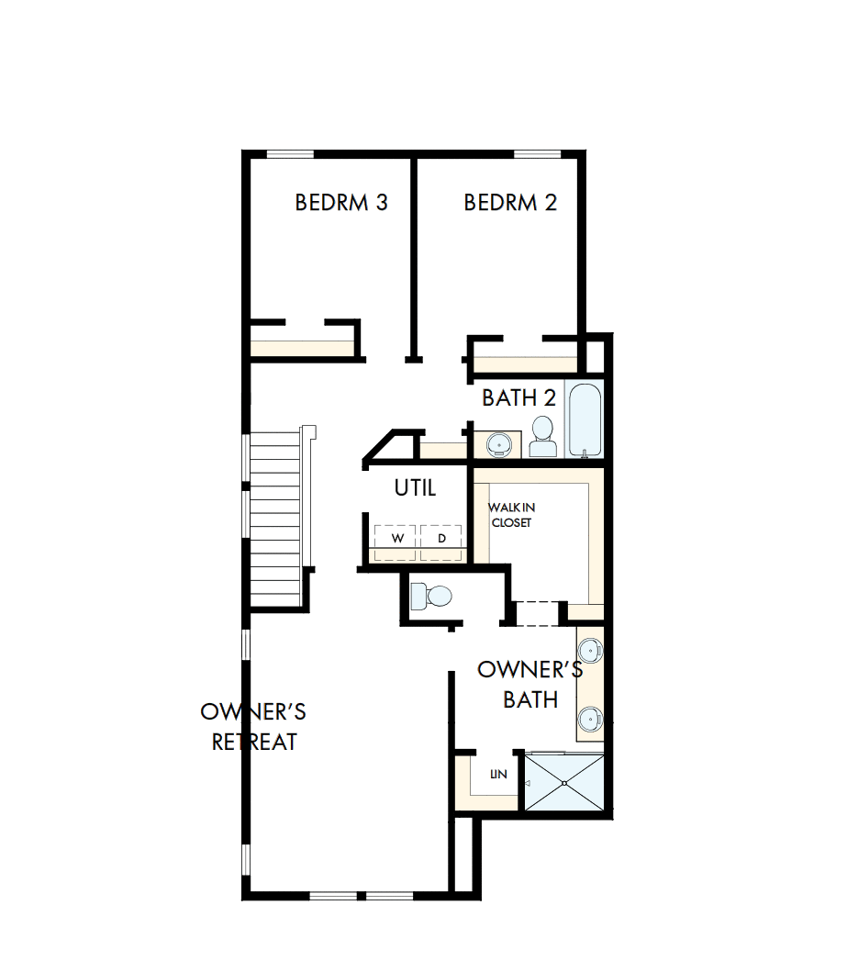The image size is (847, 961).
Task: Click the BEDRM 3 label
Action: coord(340,202)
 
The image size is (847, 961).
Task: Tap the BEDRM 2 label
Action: coord(510,202)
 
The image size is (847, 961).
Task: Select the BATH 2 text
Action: coord(518,398)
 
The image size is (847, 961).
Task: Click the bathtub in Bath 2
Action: coord(585,419)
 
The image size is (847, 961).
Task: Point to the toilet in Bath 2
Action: coord(543,437)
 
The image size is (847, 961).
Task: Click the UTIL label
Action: coord(415,488)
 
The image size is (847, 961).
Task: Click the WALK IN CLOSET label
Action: coord(511,515)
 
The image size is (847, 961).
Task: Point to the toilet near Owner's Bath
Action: coord(430,597)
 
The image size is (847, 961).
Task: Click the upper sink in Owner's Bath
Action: coord(591,651)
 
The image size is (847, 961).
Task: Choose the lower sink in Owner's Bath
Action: coord(591,717)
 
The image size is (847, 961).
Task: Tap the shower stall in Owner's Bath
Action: coord(563,781)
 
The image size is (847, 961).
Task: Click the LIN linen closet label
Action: coord(497,775)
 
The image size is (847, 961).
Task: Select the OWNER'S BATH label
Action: coord(529,684)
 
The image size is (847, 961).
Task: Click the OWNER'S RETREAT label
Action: coord(253,726)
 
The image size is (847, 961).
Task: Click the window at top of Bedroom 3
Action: coord(290,154)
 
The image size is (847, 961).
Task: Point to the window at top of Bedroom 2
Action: coord(537,154)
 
